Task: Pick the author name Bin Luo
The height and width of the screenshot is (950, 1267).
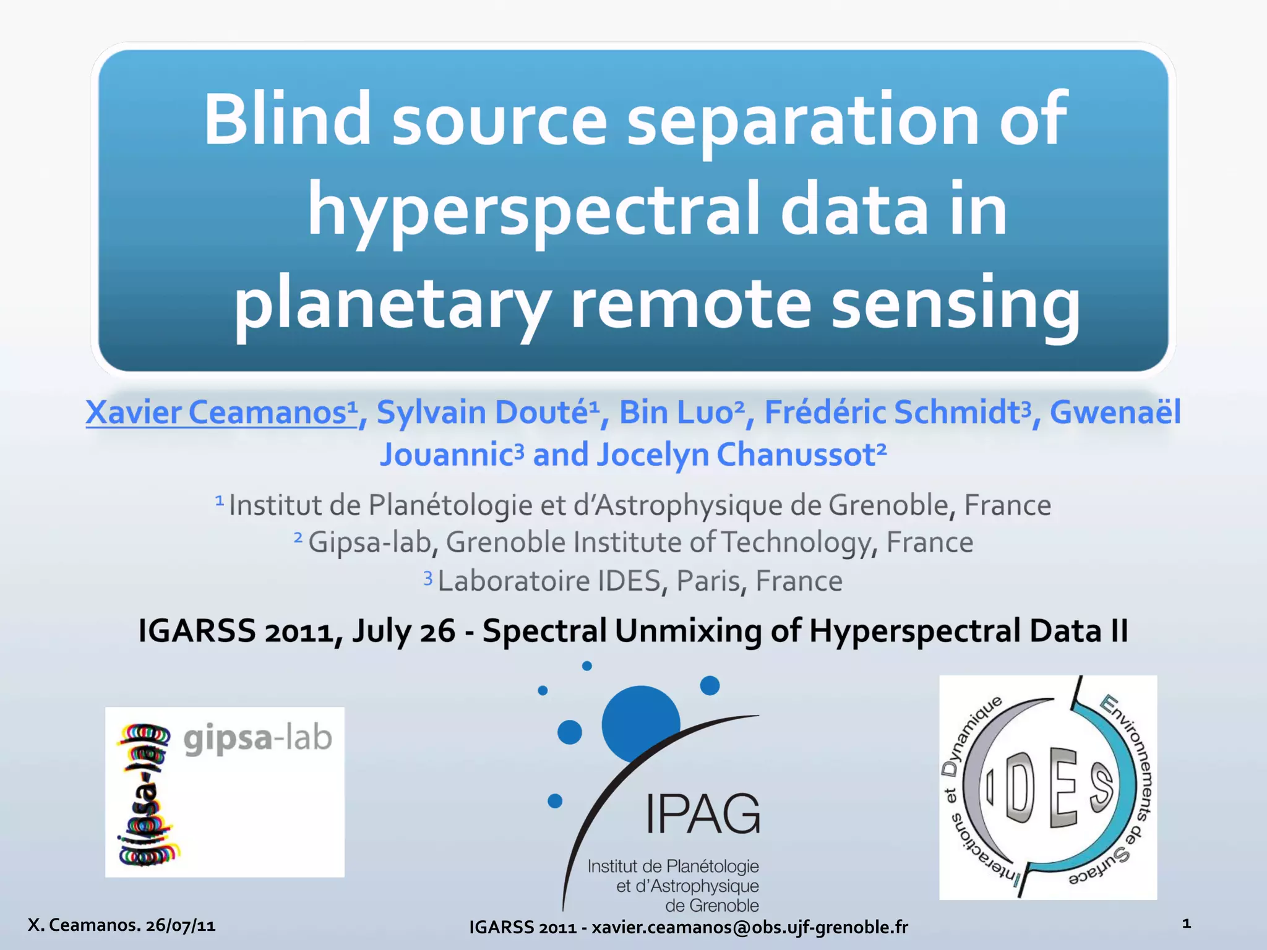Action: pyautogui.click(x=677, y=413)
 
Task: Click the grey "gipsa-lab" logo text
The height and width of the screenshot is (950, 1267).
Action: pyautogui.click(x=258, y=738)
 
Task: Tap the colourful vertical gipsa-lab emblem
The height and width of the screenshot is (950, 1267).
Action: pyautogui.click(x=145, y=795)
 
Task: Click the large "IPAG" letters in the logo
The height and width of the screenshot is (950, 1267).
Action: pyautogui.click(x=703, y=814)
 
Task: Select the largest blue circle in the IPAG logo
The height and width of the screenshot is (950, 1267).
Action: pyautogui.click(x=640, y=723)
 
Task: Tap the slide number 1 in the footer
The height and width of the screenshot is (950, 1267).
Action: pyautogui.click(x=1187, y=924)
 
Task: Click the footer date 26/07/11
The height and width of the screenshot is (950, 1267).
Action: pyautogui.click(x=181, y=925)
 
